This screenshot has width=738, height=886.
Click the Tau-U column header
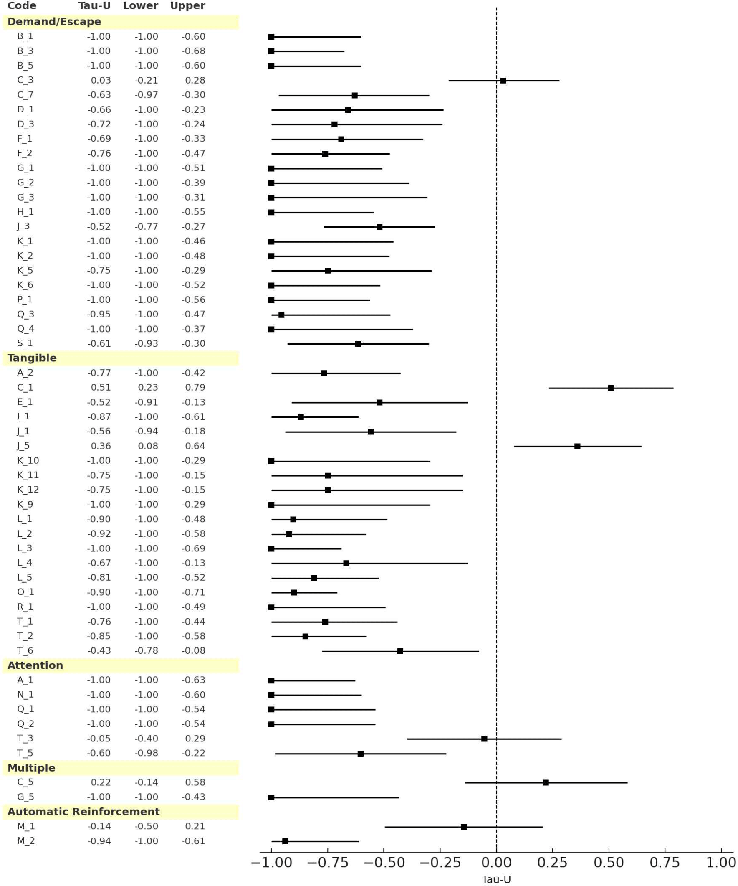click(94, 6)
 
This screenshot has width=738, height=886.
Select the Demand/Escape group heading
click(54, 22)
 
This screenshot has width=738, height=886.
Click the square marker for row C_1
click(611, 388)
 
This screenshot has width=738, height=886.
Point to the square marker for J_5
click(577, 446)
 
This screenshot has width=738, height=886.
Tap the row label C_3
click(25, 80)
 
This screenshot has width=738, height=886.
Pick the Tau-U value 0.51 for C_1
click(101, 387)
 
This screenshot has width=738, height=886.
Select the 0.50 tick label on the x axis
click(609, 862)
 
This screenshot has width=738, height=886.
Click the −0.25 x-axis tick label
click(440, 862)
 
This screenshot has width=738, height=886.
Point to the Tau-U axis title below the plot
click(496, 879)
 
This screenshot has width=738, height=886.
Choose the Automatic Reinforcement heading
click(83, 811)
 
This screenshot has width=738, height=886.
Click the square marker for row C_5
click(546, 783)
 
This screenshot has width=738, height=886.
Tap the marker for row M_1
click(463, 827)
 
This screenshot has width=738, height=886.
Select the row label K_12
click(28, 490)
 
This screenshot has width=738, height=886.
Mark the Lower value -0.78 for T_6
click(147, 650)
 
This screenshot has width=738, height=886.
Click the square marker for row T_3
click(484, 739)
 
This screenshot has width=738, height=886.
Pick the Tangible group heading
click(32, 358)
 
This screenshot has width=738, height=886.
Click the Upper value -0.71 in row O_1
click(194, 592)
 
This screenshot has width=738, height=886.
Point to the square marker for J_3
click(379, 227)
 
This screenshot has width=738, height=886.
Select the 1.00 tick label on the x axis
click(721, 862)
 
